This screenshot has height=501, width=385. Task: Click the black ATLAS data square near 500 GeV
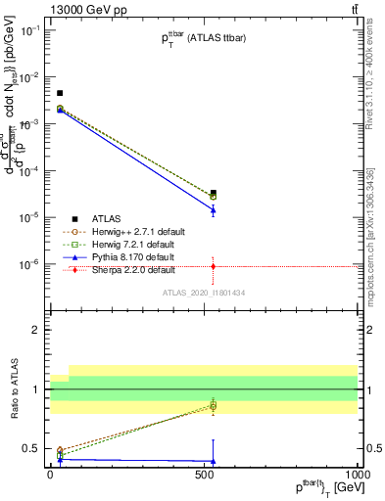point(214,193)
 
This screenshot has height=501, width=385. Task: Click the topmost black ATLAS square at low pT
point(60,93)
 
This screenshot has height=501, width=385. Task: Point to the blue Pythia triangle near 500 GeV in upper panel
point(214,210)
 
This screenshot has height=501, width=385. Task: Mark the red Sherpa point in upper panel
point(214,266)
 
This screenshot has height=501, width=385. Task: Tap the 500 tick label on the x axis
point(203,475)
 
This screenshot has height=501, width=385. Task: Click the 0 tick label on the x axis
point(49,475)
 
